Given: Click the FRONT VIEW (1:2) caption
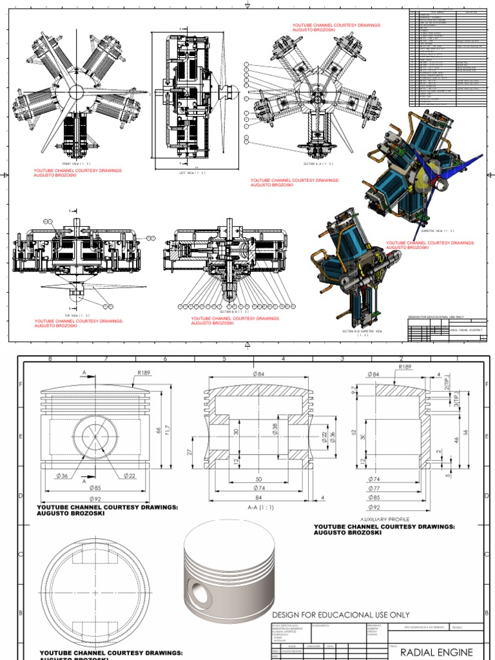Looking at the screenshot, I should [x=75, y=164].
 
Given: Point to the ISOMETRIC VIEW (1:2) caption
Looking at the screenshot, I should [x=438, y=230].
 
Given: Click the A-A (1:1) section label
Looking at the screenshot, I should [x=262, y=507].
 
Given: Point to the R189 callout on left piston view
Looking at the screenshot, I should [x=143, y=372].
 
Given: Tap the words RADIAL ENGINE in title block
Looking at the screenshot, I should [x=436, y=652].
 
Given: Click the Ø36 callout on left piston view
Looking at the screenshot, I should [x=63, y=476].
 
